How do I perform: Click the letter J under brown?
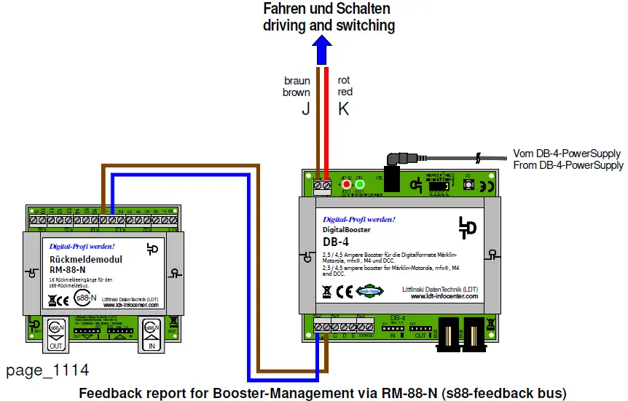[x=305, y=110]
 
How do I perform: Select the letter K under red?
[x=344, y=110]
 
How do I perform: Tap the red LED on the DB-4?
[x=347, y=185]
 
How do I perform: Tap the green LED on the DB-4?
[x=360, y=185]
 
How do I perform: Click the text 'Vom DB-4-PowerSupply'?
[x=567, y=154]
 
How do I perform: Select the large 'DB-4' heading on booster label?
[x=336, y=242]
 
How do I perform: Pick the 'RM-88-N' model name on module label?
[x=68, y=269]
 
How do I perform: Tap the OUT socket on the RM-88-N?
[x=55, y=333]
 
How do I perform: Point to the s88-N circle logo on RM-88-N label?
[x=87, y=298]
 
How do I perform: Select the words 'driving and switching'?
[x=329, y=25]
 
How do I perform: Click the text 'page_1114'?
[x=48, y=370]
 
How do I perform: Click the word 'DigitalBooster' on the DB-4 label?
[x=347, y=229]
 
